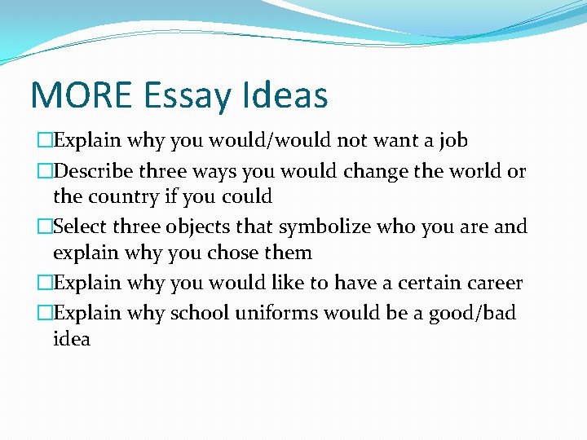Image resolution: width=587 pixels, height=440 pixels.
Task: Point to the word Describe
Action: coord(96,172)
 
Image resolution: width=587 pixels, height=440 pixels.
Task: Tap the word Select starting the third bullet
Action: coord(81,227)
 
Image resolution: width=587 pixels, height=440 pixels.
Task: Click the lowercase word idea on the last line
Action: coord(72,339)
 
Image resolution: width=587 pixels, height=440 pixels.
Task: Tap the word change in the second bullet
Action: coord(387,172)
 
